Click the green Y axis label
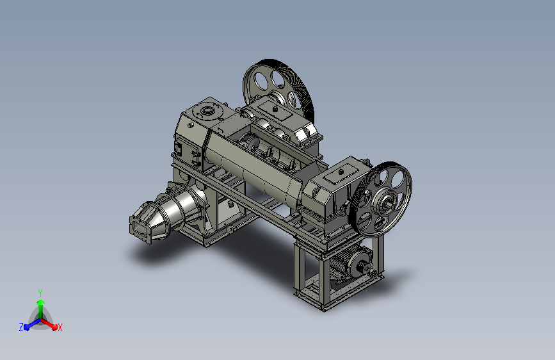point(40,293)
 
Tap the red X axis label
point(60,327)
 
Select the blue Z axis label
point(21,327)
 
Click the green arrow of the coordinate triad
point(41,309)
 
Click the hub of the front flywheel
point(387,202)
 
